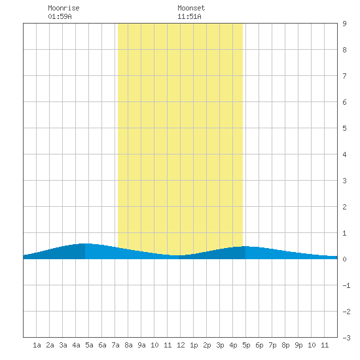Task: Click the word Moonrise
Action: pyautogui.click(x=63, y=8)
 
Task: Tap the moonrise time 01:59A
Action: pyautogui.click(x=60, y=16)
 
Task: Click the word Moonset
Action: pyautogui.click(x=191, y=8)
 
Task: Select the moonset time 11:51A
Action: pyautogui.click(x=189, y=16)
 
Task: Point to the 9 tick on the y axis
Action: pyautogui.click(x=344, y=24)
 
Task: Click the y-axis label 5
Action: pyautogui.click(x=344, y=128)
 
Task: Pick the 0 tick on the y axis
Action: pyautogui.click(x=344, y=259)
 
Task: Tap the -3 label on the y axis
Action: pyautogui.click(x=346, y=338)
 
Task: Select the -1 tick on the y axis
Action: pyautogui.click(x=346, y=285)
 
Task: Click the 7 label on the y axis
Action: pyautogui.click(x=344, y=76)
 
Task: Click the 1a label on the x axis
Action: pyautogui.click(x=37, y=345)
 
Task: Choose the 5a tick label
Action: pyautogui.click(x=89, y=345)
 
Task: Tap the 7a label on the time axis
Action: pyautogui.click(x=115, y=345)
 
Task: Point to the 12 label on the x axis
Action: pyautogui.click(x=181, y=345)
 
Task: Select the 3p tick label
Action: pyautogui.click(x=220, y=345)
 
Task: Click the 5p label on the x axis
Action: pyautogui.click(x=246, y=345)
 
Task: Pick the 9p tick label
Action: pyautogui.click(x=298, y=345)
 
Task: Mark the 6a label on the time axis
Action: pyautogui.click(x=102, y=345)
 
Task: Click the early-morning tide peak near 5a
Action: pyautogui.click(x=85, y=243)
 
